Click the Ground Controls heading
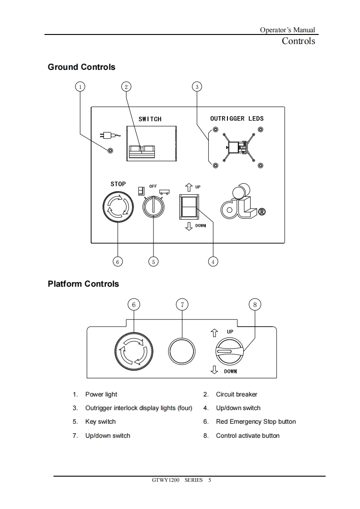click(x=82, y=67)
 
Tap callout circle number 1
click(x=80, y=86)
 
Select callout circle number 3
click(x=197, y=86)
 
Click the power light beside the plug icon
click(x=110, y=150)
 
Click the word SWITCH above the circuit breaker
click(x=150, y=119)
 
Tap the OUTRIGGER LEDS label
click(x=237, y=118)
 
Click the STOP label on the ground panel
click(x=118, y=184)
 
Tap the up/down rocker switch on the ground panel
click(x=189, y=207)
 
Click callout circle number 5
click(x=153, y=261)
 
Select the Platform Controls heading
click(x=84, y=284)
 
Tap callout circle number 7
click(x=182, y=304)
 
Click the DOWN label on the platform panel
click(x=230, y=371)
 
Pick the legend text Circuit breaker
click(x=237, y=394)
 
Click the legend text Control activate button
click(x=247, y=436)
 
